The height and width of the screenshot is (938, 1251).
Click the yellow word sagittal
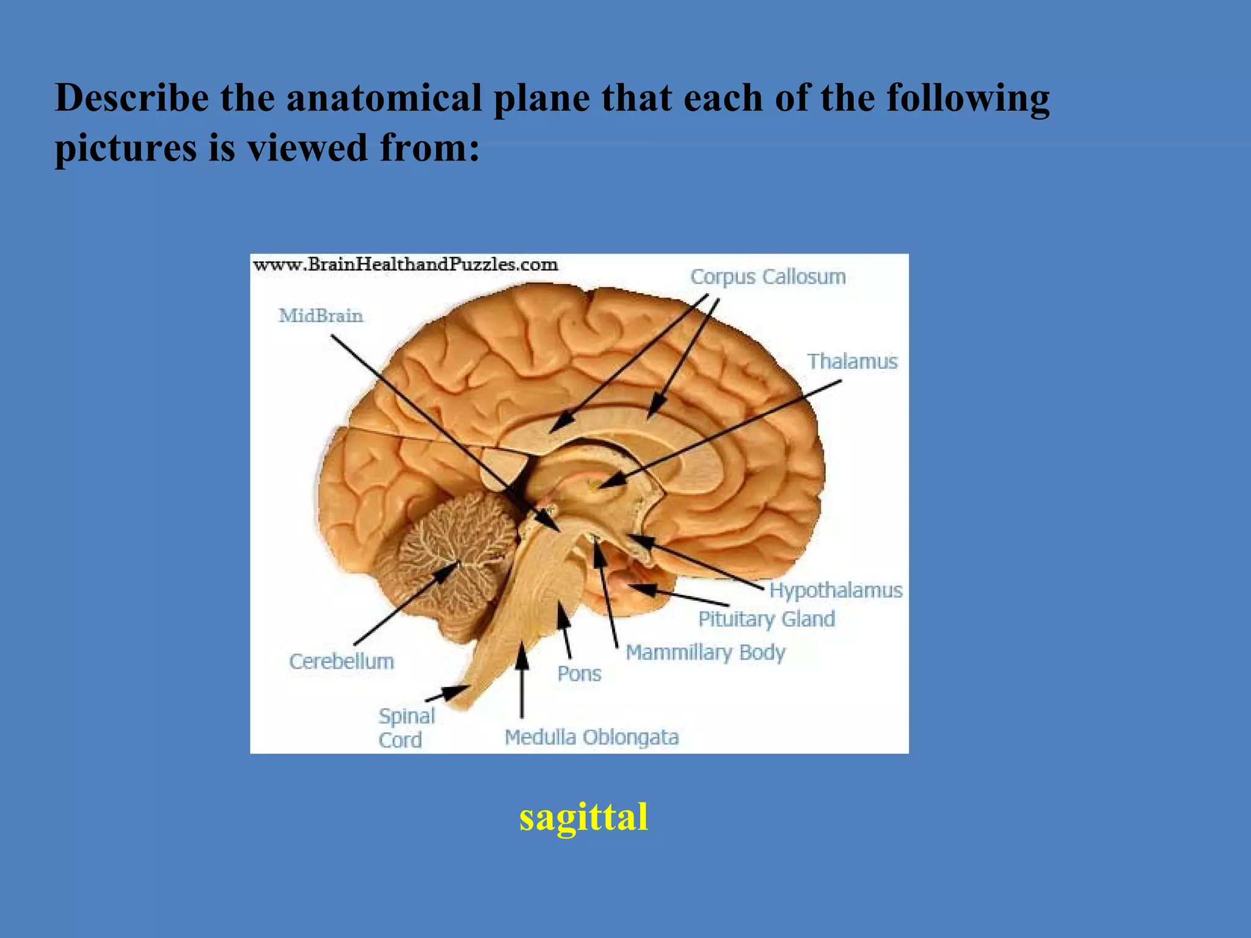[583, 817]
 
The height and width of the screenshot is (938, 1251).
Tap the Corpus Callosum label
[768, 277]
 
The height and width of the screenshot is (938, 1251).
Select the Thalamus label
[852, 362]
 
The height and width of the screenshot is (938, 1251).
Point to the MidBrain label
[321, 316]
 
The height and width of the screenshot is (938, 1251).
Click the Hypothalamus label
[835, 591]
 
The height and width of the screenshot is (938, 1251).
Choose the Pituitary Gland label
[767, 619]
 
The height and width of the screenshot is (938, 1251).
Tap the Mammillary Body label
[706, 652]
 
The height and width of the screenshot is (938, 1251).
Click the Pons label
[579, 674]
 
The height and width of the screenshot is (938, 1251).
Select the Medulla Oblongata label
[591, 738]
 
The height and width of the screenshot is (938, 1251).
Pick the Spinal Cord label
[406, 728]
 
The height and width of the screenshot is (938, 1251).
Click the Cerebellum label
[341, 661]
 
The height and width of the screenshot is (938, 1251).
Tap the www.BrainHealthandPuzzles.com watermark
[405, 265]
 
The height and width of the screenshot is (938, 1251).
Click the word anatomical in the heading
[384, 98]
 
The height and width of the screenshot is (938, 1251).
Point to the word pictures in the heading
[125, 148]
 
